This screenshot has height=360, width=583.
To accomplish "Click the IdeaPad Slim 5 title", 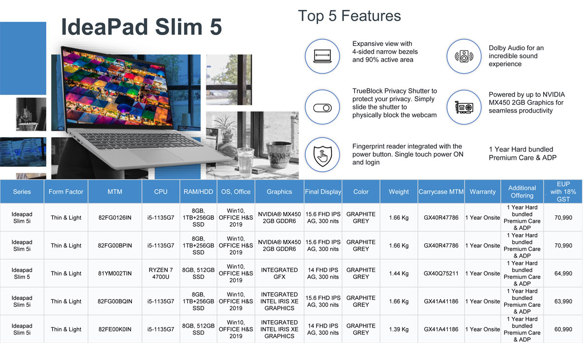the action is (141, 27).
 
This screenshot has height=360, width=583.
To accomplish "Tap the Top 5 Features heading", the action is (349, 16).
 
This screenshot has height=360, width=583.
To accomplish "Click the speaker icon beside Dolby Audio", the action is (464, 57).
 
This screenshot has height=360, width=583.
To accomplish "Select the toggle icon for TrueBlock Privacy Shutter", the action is (322, 108).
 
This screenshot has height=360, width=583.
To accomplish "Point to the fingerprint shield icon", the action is (322, 155).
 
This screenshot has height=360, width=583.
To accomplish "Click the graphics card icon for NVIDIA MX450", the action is (464, 107).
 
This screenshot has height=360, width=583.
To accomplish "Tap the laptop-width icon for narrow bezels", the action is (322, 57).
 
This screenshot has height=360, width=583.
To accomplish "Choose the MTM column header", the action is (115, 192).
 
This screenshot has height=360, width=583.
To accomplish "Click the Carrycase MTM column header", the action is (441, 192).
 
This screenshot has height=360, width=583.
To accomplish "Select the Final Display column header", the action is (323, 192).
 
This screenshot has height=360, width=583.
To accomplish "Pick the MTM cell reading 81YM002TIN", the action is (115, 273).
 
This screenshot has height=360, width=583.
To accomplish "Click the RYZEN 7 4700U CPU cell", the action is (160, 273).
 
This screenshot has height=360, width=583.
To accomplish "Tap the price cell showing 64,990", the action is (563, 273).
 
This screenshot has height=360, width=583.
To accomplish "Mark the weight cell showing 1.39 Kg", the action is (399, 329).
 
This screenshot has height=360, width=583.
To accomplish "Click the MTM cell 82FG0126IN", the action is (115, 218).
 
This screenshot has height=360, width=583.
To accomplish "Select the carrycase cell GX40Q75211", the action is (441, 273).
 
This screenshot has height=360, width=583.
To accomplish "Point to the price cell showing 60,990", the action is (563, 329).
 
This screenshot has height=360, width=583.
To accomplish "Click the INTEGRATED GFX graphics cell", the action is (279, 273).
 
